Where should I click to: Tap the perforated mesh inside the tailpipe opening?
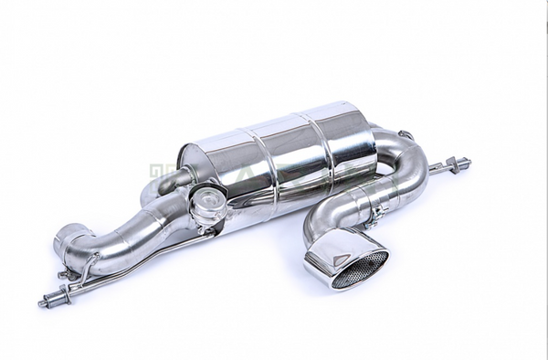pos(360,268)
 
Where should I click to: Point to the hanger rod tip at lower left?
pos(43,302)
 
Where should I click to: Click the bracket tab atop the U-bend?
pos(406,137)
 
